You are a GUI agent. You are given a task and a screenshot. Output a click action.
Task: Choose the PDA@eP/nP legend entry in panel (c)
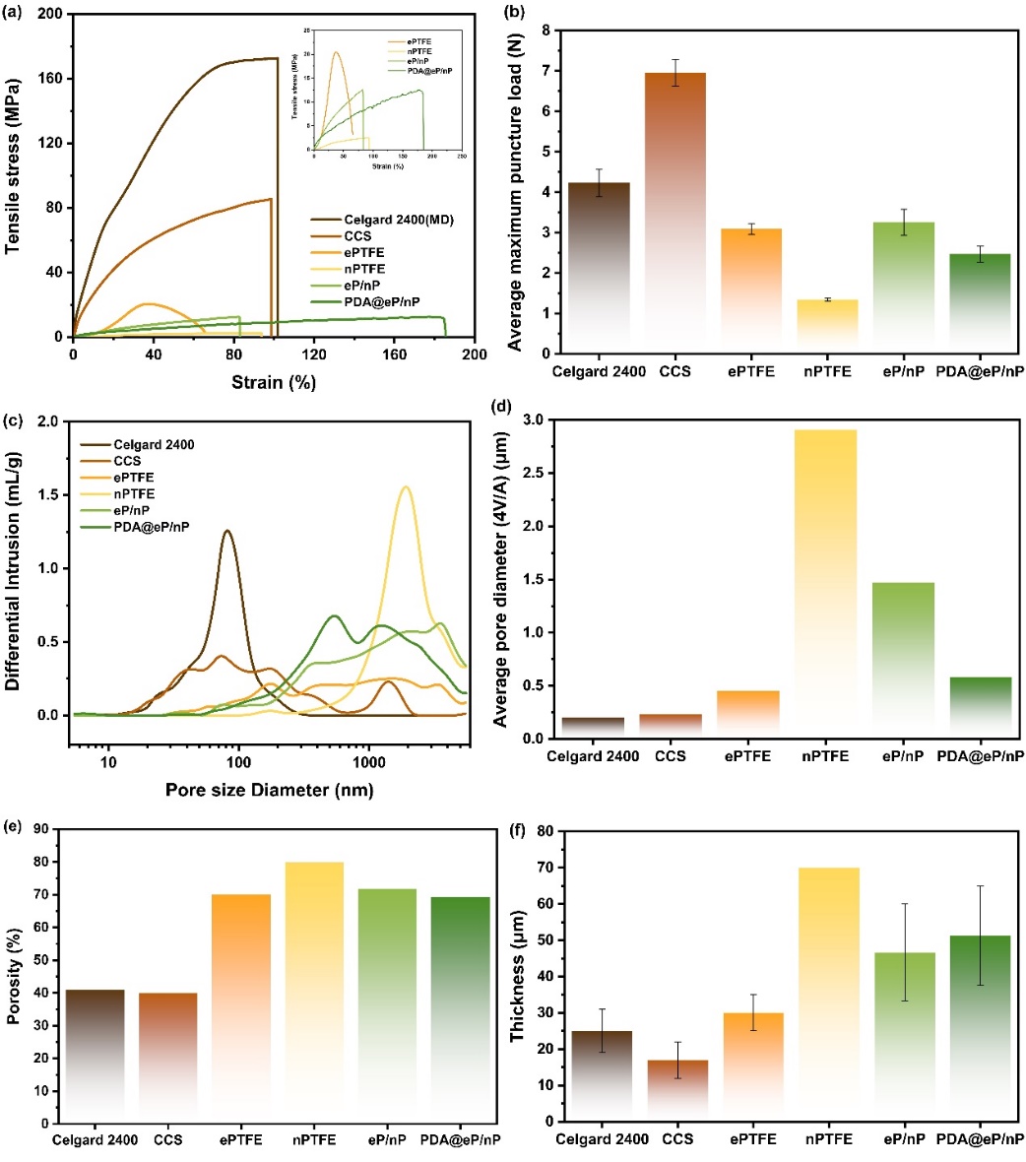pos(152,528)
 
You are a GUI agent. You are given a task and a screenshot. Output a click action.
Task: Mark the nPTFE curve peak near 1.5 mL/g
pos(404,487)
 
